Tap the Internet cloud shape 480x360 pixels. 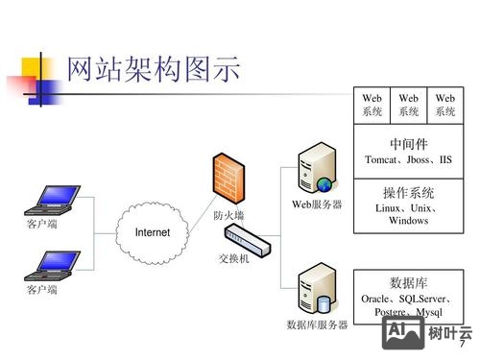[x=152, y=233]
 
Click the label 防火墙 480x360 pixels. [x=228, y=216]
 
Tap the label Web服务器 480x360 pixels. [x=317, y=204]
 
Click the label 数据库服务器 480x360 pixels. [x=318, y=324]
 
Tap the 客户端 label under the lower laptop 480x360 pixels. [x=41, y=289]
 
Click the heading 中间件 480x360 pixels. [x=408, y=144]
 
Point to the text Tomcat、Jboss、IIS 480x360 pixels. [x=408, y=159]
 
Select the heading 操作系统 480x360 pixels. [x=408, y=192]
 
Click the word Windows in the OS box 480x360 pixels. [x=408, y=221]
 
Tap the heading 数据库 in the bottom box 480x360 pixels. [x=408, y=283]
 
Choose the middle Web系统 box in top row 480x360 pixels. [x=409, y=105]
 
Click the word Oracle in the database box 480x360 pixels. [x=376, y=300]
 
